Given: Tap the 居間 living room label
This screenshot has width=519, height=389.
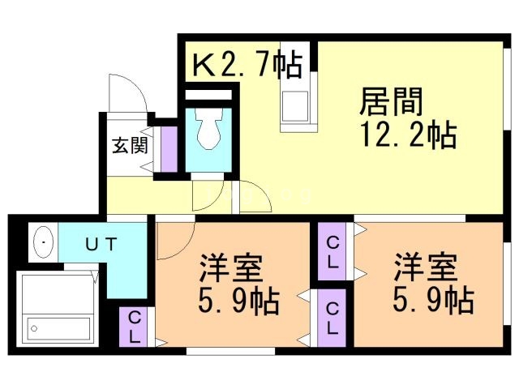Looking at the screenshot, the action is tap(391, 101).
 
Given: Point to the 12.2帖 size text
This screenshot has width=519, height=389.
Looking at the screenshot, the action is tap(409, 135).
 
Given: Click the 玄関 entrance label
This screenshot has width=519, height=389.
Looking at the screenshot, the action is tap(130, 145).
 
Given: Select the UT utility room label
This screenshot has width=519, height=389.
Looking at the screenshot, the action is tap(101, 245).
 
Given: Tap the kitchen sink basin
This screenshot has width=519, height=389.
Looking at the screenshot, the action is tap(295, 106).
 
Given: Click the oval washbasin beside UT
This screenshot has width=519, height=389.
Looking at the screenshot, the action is tap(43, 242).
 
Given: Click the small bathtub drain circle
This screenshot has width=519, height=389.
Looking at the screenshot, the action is tap(34, 328).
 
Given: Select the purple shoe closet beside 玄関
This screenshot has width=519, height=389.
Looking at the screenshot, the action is tap(169, 149).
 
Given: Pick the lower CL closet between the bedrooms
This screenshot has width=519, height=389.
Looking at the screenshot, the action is tap(332, 318).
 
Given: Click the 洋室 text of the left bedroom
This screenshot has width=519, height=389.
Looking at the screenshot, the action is tap(230, 267).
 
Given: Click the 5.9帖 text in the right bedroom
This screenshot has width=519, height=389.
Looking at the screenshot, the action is tap(433, 301).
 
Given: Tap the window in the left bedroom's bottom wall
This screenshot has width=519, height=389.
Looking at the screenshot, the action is tap(230, 351).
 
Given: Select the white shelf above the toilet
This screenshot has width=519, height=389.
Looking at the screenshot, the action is tap(208, 95).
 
